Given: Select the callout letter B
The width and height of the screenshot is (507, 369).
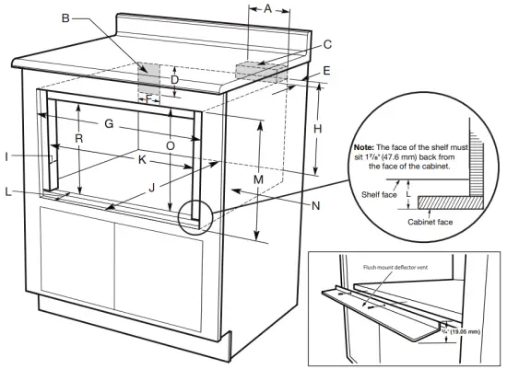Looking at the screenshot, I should [65, 18].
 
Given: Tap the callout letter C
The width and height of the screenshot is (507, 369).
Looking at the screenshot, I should [327, 43].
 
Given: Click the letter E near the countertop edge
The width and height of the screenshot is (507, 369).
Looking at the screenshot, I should [326, 71].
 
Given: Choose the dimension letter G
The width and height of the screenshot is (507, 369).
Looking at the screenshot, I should [108, 123].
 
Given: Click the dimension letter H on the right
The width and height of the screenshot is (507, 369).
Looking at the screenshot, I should [318, 129].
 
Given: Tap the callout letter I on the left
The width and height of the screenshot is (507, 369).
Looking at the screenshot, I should [8, 157].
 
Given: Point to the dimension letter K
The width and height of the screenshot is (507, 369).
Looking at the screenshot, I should [141, 159].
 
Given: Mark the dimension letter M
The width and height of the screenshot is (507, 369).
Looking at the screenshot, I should [259, 179].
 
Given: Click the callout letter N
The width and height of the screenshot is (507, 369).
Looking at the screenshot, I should [315, 206].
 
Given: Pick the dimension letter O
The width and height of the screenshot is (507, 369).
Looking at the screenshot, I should [170, 145].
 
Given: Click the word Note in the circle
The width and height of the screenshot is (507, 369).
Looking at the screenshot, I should [365, 147].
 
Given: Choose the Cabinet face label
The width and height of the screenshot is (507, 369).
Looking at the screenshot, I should [430, 222].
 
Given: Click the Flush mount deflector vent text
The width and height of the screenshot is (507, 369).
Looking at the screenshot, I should [395, 268].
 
